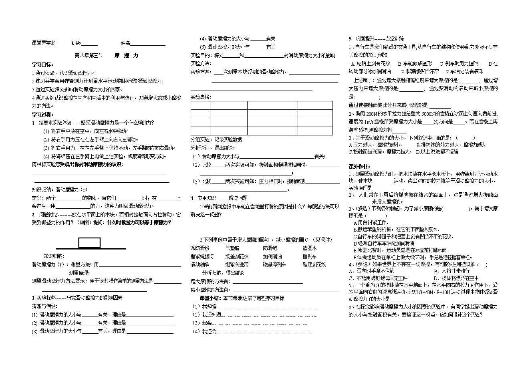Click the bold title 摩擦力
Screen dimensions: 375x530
pos(126,55)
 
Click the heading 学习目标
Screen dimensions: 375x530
pos(42,64)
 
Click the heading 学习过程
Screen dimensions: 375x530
pos(42,114)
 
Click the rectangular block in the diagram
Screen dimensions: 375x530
pos(89,243)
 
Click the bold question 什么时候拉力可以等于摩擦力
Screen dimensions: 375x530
pos(139,222)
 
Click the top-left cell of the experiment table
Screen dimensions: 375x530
pos(200,105)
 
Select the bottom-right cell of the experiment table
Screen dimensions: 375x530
pos(315,131)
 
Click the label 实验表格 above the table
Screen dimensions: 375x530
pos(200,97)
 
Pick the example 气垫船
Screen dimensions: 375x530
pos(232,248)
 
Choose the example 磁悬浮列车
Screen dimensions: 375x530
pos(274,264)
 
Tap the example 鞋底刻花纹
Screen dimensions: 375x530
pos(314,264)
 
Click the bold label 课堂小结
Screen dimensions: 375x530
pos(209,298)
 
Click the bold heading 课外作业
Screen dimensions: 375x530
pos(359,167)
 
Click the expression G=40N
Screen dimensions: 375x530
pos(424,292)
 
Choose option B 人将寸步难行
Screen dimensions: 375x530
pos(451,271)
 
